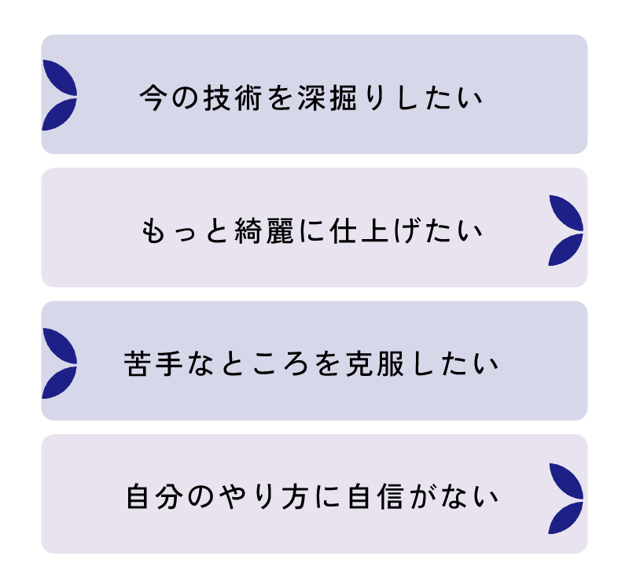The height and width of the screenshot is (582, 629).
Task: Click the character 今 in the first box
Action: [154, 100]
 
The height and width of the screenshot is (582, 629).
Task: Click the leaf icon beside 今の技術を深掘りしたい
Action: [58, 95]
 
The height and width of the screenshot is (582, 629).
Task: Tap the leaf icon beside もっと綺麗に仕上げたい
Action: [567, 230]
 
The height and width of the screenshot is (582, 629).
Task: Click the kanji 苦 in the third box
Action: [139, 366]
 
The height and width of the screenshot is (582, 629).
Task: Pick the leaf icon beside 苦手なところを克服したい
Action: [58, 363]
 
